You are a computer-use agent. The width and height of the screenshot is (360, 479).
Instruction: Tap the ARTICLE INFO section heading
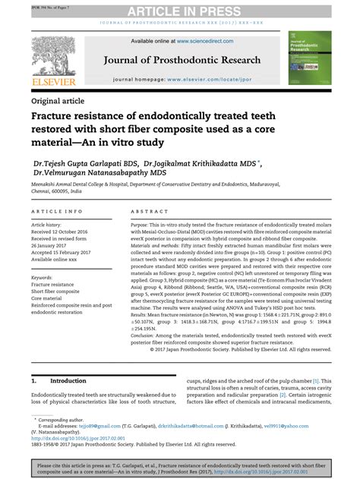[x=57, y=211]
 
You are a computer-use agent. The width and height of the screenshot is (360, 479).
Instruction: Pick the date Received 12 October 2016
[x=64, y=232]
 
